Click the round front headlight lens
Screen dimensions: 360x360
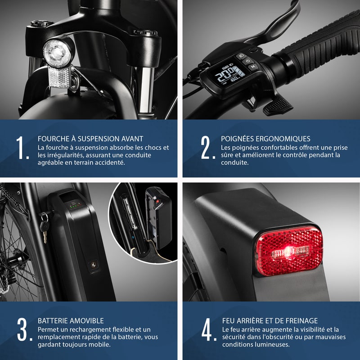(x=57, y=53)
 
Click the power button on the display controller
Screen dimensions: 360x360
(x=247, y=61)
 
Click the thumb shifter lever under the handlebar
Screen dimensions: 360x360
(x=278, y=106)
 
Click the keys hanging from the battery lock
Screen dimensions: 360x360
(x=44, y=227)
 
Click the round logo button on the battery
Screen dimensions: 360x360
(x=93, y=265)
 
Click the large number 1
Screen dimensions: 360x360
(x=22, y=148)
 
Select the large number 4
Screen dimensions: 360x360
(x=208, y=329)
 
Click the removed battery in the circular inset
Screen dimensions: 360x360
(x=159, y=218)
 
